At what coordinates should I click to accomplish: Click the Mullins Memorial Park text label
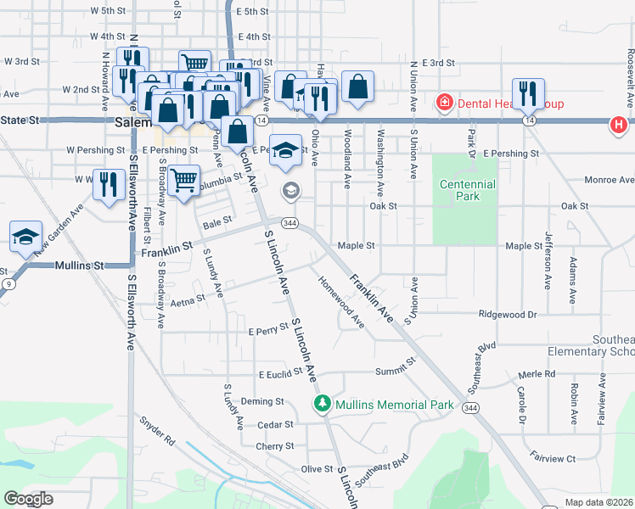pyautogui.click(x=394, y=405)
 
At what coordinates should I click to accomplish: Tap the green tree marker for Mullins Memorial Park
pyautogui.click(x=322, y=402)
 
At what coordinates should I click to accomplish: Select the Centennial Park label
pyautogui.click(x=467, y=190)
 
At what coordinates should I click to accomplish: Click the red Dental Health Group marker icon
pyautogui.click(x=442, y=103)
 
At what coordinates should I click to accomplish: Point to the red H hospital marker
pyautogui.click(x=619, y=126)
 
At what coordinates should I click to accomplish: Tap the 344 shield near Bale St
pyautogui.click(x=290, y=223)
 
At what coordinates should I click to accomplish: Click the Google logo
pyautogui.click(x=28, y=499)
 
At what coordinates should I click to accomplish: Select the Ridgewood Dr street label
pyautogui.click(x=509, y=314)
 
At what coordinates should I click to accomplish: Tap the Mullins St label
pyautogui.click(x=78, y=266)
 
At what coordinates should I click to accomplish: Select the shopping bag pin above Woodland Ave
pyautogui.click(x=358, y=87)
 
